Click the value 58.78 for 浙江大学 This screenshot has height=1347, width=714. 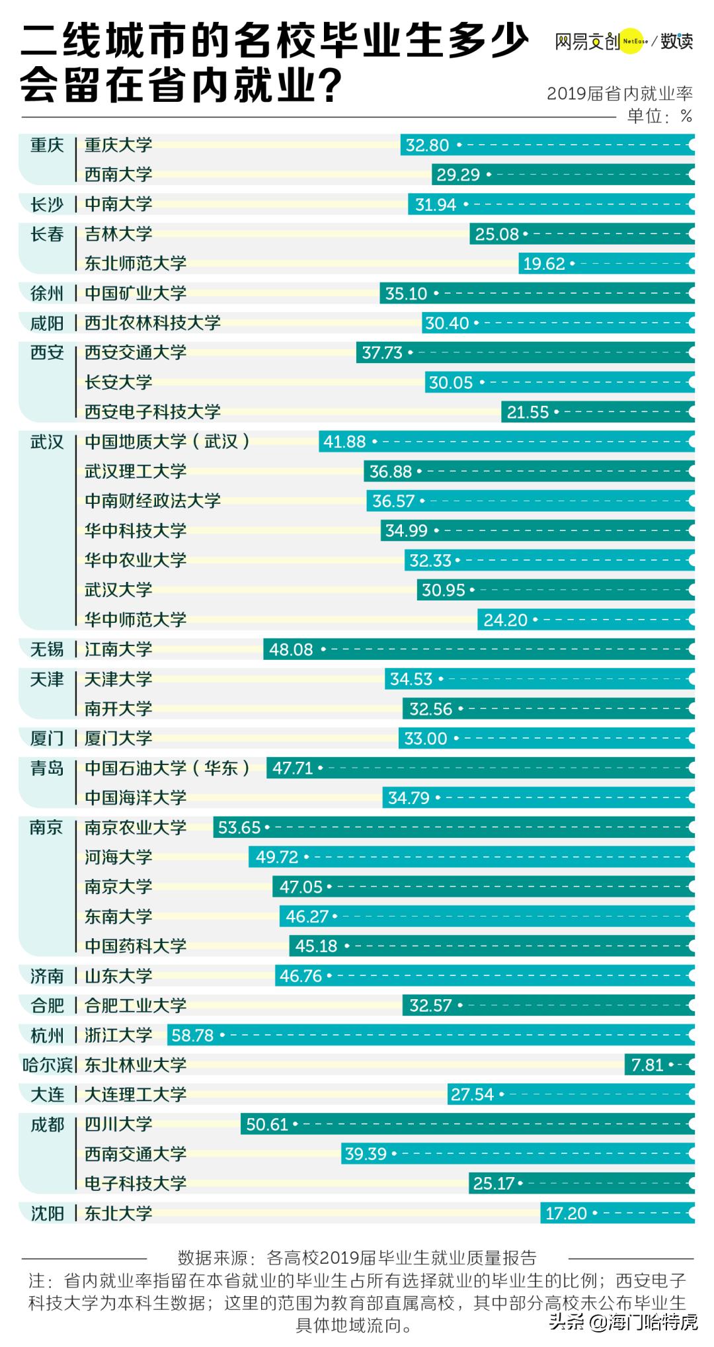[x=192, y=1035]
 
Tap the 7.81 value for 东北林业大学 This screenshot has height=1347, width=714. [x=647, y=1065]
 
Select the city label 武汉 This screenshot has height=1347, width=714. [x=47, y=442]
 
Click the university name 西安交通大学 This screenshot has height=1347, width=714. [x=136, y=352]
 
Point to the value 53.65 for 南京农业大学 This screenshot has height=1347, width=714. [x=239, y=827]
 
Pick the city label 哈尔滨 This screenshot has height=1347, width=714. [x=48, y=1065]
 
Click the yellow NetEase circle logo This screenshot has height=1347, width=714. [x=631, y=41]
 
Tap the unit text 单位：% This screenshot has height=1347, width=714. [x=659, y=116]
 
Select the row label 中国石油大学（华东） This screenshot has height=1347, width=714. [x=167, y=768]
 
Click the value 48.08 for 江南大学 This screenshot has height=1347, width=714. [x=291, y=649]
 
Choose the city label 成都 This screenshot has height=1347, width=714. [x=47, y=1124]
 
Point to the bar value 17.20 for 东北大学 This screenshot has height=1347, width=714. [x=566, y=1213]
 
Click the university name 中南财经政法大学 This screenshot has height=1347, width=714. [x=153, y=501]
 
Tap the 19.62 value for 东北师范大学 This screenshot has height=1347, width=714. [x=543, y=264]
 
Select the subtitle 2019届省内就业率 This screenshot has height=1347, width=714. [x=619, y=93]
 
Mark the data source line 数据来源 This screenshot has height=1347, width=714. [x=357, y=1257]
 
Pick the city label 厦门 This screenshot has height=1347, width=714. [x=47, y=738]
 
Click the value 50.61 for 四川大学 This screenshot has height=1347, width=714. [x=267, y=1124]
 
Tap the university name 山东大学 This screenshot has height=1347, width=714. [x=118, y=975]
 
